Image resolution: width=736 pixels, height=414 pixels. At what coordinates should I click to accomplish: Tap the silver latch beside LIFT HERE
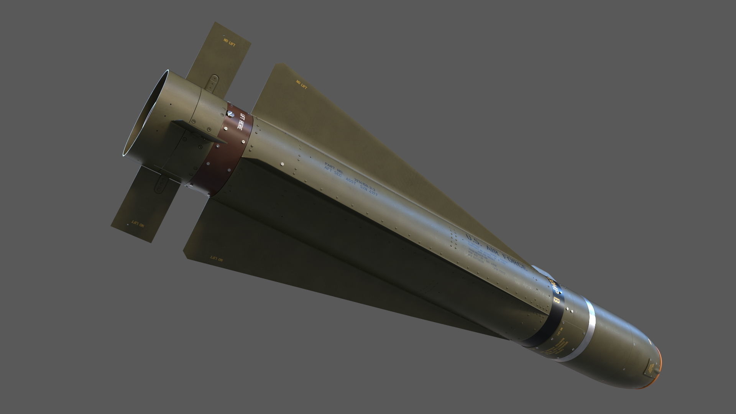pyautogui.click(x=230, y=114)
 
